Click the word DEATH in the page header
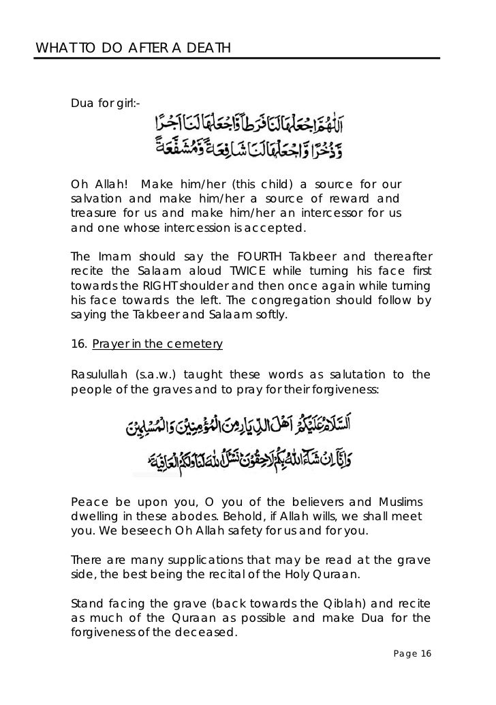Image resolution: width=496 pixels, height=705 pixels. tap(208, 48)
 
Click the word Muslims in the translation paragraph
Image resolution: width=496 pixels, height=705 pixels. tap(399, 500)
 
